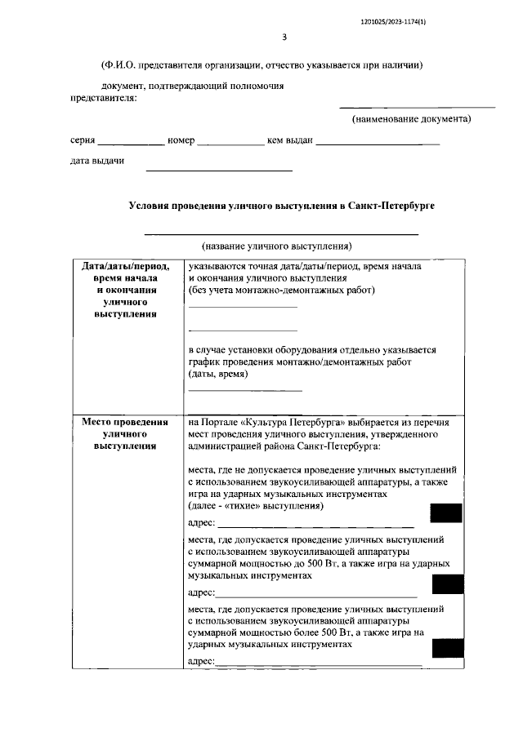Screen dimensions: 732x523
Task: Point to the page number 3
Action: pyautogui.click(x=284, y=37)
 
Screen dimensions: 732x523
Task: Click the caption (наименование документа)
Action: pyautogui.click(x=412, y=119)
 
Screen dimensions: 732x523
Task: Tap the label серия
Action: pyautogui.click(x=83, y=140)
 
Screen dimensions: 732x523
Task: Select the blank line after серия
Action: pyautogui.click(x=131, y=143)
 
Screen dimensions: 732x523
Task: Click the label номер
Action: pyautogui.click(x=181, y=140)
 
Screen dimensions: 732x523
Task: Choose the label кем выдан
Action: pyautogui.click(x=290, y=140)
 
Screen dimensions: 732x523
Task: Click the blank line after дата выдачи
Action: pyautogui.click(x=218, y=169)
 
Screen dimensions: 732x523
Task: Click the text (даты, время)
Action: pyautogui.click(x=217, y=374)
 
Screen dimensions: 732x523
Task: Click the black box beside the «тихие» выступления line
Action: pyautogui.click(x=447, y=513)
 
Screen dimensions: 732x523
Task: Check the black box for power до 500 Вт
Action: pyautogui.click(x=447, y=583)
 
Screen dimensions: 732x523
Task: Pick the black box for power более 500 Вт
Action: pyautogui.click(x=447, y=648)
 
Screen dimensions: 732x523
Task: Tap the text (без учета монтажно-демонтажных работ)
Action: pyautogui.click(x=281, y=290)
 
